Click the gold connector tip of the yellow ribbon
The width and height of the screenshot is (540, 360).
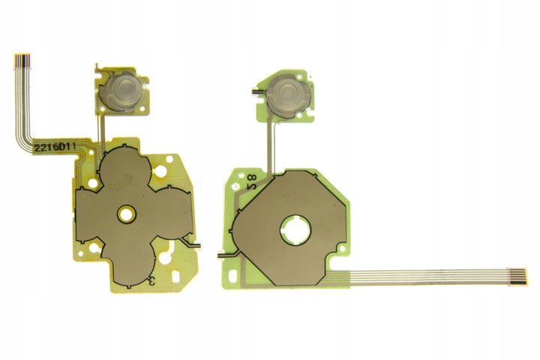pyautogui.click(x=22, y=61)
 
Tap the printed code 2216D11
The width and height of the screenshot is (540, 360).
pyautogui.click(x=55, y=148)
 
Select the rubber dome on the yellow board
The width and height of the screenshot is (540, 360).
pyautogui.click(x=123, y=90)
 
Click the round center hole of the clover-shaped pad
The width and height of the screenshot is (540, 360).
pyautogui.click(x=127, y=214)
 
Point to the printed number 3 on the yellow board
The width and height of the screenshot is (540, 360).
pyautogui.click(x=151, y=281)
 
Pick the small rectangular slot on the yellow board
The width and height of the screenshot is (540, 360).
pyautogui.click(x=175, y=276)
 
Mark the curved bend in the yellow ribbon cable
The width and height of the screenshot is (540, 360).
pyautogui.click(x=22, y=136)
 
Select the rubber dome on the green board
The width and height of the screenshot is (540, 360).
pyautogui.click(x=289, y=93)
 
